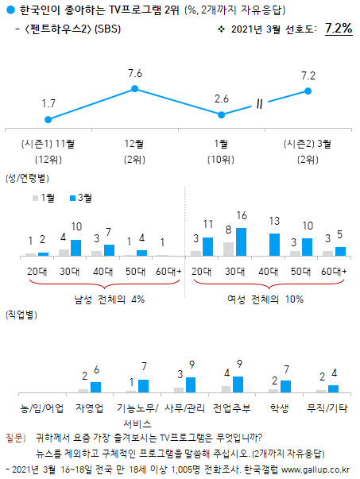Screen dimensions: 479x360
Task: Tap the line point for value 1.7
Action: [x=48, y=119]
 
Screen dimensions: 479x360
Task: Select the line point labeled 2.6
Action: [x=222, y=114]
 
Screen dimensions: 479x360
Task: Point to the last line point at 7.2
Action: [x=308, y=91]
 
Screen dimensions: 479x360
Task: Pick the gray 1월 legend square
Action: [x=36, y=197]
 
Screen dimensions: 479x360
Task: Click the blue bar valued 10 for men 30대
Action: [x=76, y=247]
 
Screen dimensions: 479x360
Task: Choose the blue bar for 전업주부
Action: [x=239, y=384]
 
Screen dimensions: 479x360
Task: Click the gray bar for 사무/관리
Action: [x=178, y=390]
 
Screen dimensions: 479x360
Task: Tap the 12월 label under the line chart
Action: [x=135, y=143]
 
